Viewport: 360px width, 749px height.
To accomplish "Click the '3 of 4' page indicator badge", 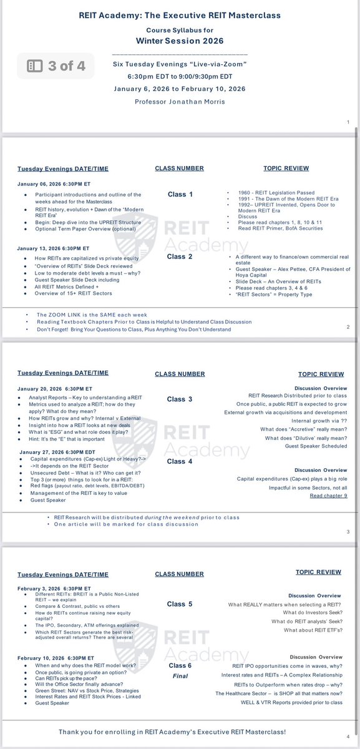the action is tap(56, 65).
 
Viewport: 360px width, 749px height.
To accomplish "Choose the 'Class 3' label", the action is tap(180, 399).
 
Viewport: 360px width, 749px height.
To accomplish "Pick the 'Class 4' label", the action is tap(180, 461).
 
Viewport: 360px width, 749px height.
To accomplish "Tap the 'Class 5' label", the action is tap(180, 604).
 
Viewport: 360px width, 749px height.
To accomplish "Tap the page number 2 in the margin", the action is tap(348, 326).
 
